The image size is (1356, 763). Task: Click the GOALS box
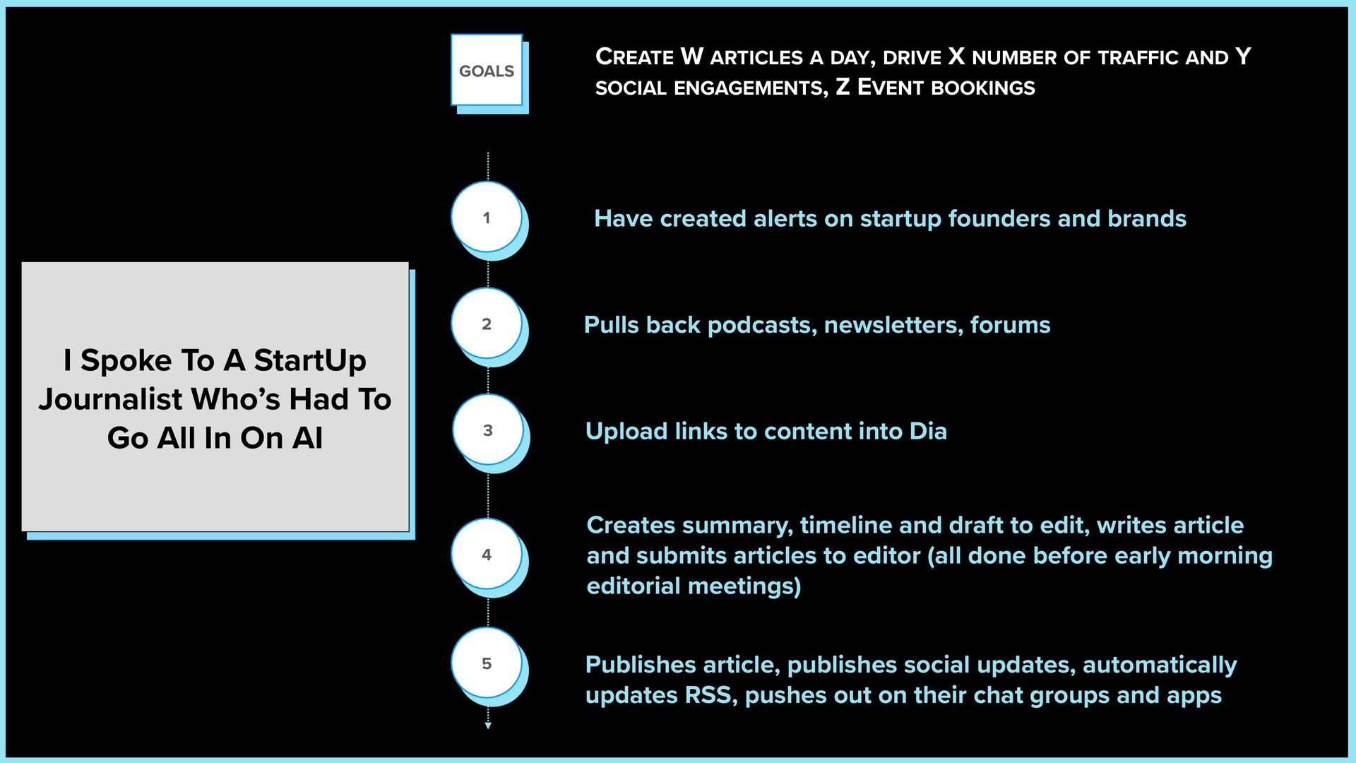click(487, 71)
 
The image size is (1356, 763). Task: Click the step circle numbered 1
click(487, 218)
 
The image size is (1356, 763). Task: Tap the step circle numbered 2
click(487, 324)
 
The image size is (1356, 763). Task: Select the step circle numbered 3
click(487, 430)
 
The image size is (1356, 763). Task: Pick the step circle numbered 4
click(487, 555)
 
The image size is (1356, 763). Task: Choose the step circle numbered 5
click(487, 663)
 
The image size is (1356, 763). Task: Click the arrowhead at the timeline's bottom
click(487, 725)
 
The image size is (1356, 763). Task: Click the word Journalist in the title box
click(110, 400)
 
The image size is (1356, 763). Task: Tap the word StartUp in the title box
click(309, 361)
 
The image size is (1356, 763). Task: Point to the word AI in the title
click(307, 438)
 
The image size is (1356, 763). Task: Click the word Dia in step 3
click(927, 431)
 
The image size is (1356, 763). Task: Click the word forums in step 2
click(1010, 325)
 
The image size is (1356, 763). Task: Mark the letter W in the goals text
click(691, 57)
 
